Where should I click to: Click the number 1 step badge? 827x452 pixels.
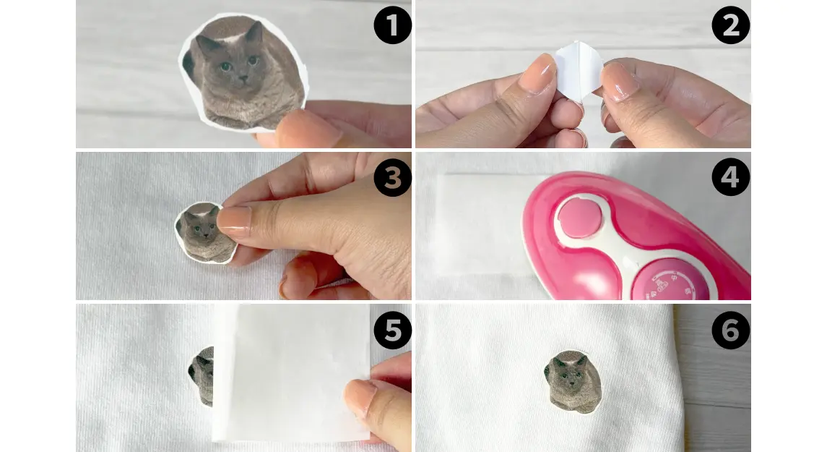(392, 25)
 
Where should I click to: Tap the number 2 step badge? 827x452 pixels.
(730, 25)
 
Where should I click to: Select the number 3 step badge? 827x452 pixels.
(392, 177)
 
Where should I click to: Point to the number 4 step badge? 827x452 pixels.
(730, 177)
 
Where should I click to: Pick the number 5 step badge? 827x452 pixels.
(392, 330)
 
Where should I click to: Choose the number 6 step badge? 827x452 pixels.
(730, 330)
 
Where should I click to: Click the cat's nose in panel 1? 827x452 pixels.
(242, 78)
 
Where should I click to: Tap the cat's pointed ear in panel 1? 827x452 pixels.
(255, 32)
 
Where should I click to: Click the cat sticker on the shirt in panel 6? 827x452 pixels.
(572, 381)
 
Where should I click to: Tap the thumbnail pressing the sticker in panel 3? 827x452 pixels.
(234, 220)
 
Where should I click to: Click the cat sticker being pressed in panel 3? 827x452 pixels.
(206, 232)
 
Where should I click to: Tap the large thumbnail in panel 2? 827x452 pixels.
(537, 74)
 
